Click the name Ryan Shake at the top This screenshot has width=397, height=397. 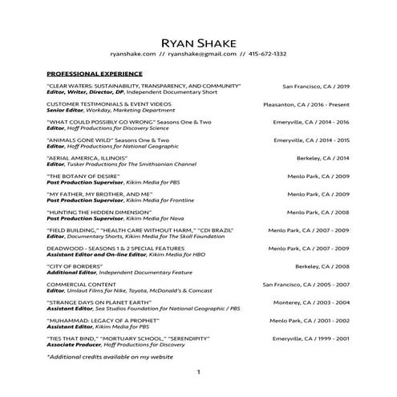[x=198, y=42]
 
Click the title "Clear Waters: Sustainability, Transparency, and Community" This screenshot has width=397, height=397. [x=144, y=86]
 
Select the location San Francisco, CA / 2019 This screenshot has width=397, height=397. [x=316, y=86]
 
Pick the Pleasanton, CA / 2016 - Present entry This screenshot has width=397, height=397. [x=306, y=104]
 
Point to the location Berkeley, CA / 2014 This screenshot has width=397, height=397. [x=323, y=158]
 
